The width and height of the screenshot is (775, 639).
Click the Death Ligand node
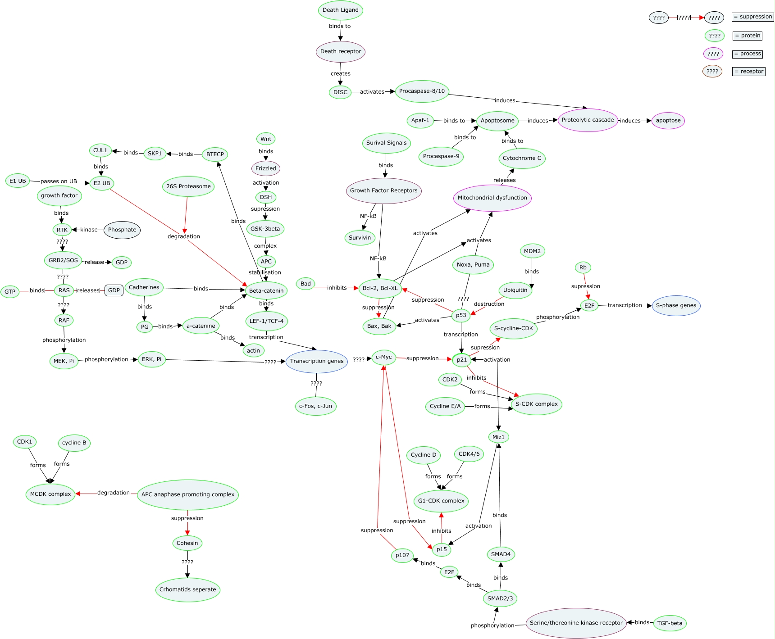[x=340, y=10]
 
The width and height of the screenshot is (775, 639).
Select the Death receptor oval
[x=340, y=51]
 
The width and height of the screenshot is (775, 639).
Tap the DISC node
[x=340, y=92]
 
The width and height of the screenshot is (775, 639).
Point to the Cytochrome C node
[x=522, y=158]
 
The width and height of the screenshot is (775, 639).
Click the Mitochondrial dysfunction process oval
[x=492, y=198]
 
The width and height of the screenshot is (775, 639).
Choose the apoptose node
[x=668, y=121]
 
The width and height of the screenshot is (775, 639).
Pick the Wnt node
[x=266, y=139]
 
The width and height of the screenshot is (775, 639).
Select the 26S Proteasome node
[x=188, y=186]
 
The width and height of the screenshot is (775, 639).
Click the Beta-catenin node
[x=266, y=291]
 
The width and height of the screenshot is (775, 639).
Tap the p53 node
[x=461, y=315]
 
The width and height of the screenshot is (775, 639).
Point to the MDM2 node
[x=532, y=251]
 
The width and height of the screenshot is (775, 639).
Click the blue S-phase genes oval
[x=676, y=305]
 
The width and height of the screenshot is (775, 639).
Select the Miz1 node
[x=498, y=437]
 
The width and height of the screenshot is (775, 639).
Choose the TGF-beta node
[x=670, y=623]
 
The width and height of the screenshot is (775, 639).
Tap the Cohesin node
[x=187, y=543]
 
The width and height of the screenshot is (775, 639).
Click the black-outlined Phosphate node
[x=122, y=230]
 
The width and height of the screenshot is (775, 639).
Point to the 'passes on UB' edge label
[x=59, y=181]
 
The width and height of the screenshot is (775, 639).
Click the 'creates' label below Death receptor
[x=340, y=73]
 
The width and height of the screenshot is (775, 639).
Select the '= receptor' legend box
[x=748, y=72]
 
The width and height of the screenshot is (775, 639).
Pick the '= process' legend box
[x=747, y=54]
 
